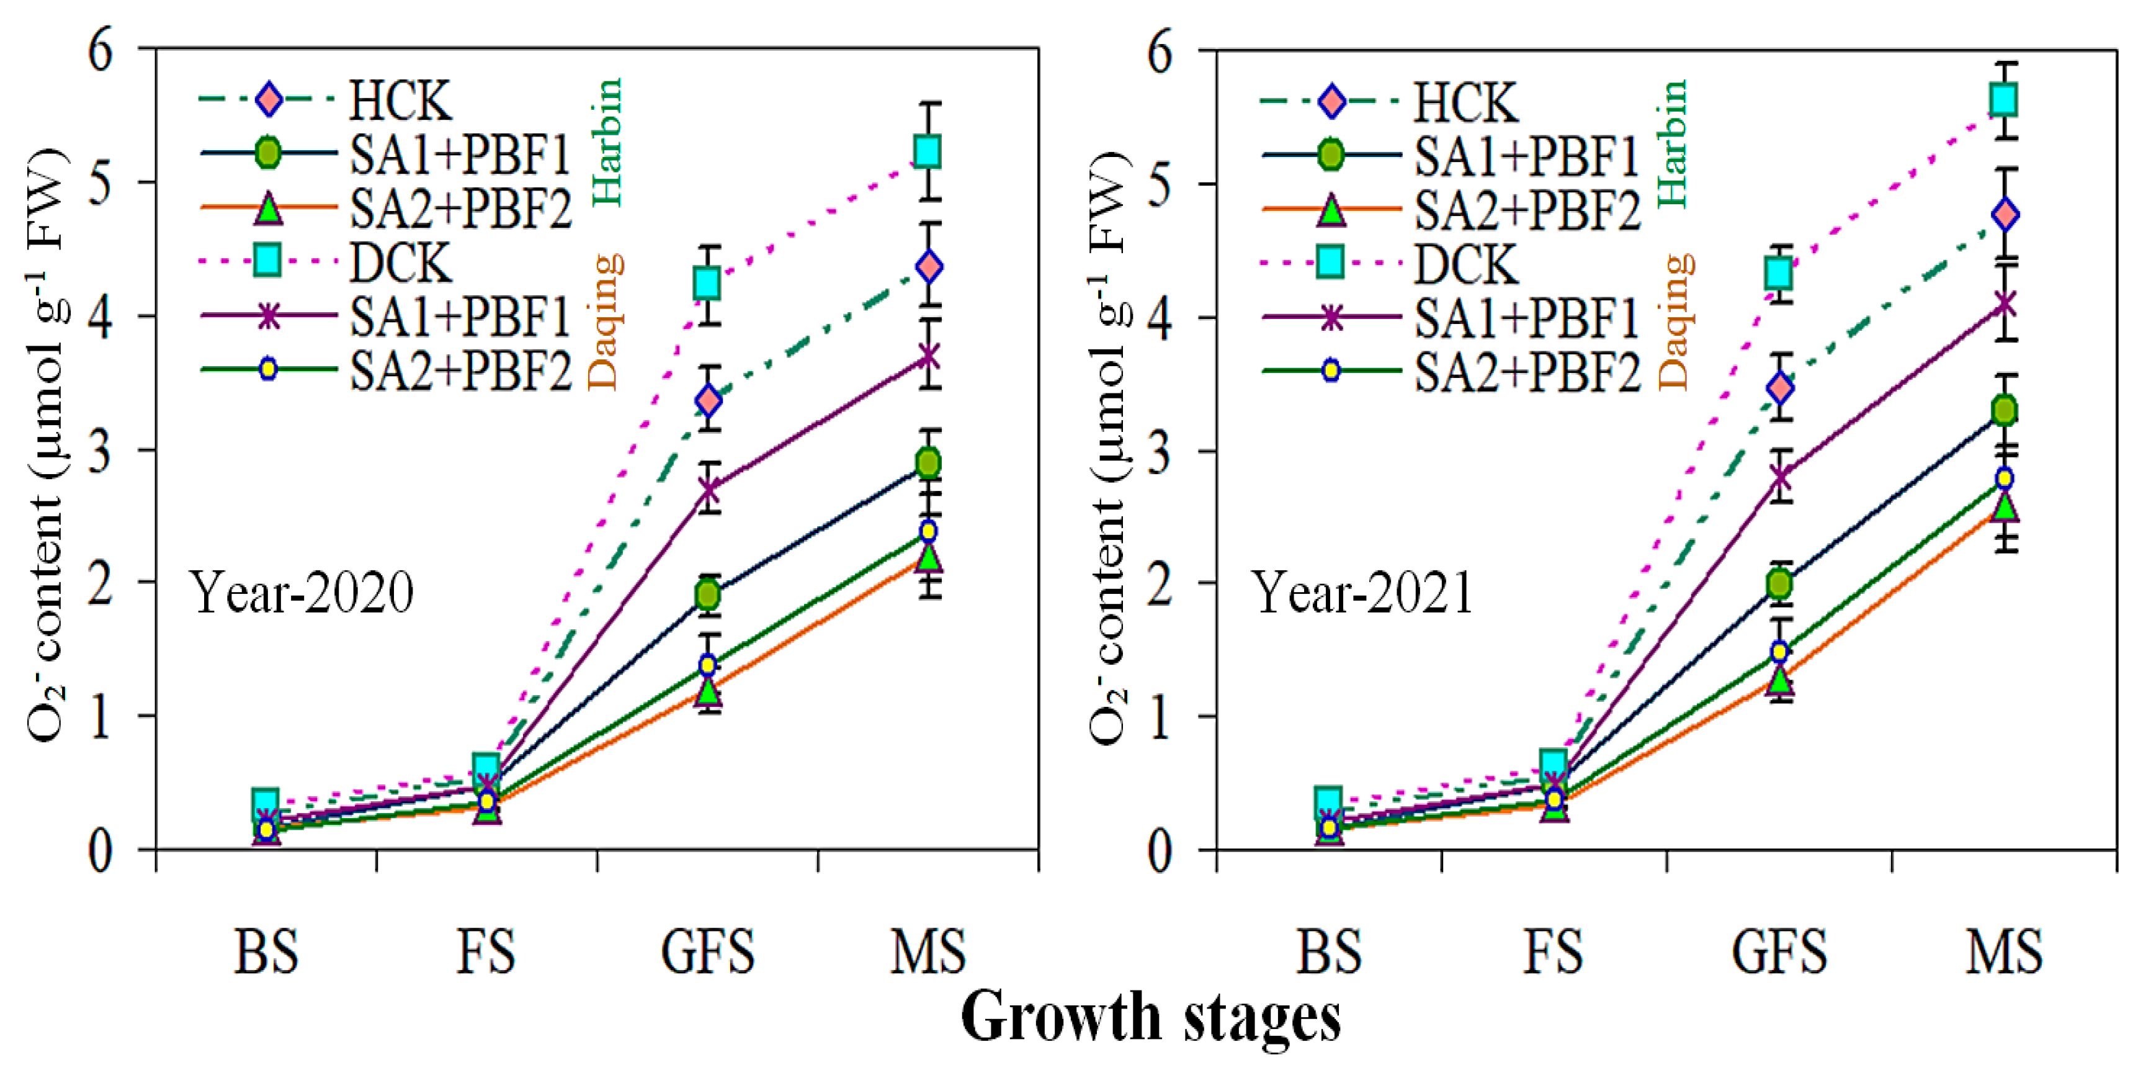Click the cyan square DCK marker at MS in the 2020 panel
(x=928, y=151)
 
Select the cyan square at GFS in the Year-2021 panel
(x=1779, y=272)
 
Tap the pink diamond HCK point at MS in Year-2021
(x=2005, y=214)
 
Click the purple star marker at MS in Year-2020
(x=928, y=357)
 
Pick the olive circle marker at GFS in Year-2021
(x=1779, y=583)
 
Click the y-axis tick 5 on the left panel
(x=100, y=182)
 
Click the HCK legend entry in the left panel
(x=400, y=101)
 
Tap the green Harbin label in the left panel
(x=607, y=141)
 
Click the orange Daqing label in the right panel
(x=1675, y=322)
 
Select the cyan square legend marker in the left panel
(x=267, y=260)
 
